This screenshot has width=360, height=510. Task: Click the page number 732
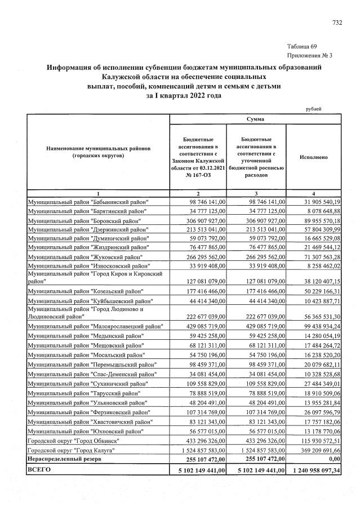pos(337,23)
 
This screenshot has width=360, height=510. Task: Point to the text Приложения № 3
pos(310,55)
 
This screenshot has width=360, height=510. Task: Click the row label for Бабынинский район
pos(89,202)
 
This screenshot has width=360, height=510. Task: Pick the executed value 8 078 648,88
pos(321,211)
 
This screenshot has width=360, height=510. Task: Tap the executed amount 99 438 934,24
pos(319,326)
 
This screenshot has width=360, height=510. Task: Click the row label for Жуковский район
pos(86,257)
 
